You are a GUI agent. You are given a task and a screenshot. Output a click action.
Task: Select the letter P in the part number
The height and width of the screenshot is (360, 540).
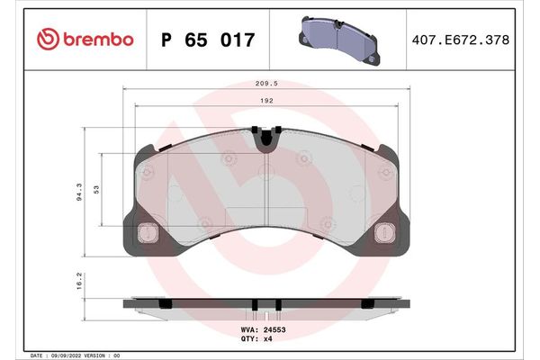coord(166,40)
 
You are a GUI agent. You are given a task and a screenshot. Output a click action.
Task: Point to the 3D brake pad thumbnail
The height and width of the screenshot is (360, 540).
coord(337,39)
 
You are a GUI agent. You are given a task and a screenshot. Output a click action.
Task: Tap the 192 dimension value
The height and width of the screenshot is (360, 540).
coord(268,101)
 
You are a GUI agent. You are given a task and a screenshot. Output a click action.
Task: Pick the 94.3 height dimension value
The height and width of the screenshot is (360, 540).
coord(81,191)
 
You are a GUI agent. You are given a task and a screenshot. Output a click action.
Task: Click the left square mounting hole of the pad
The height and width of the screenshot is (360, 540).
coord(143,233)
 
